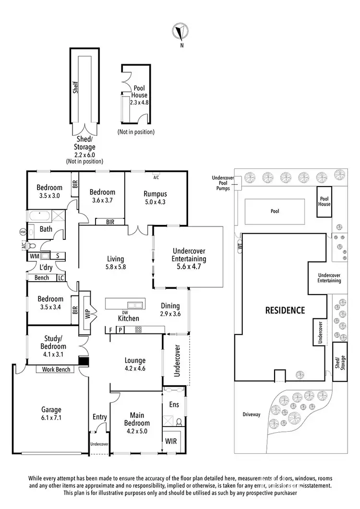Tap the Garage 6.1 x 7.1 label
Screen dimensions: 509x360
click(x=51, y=414)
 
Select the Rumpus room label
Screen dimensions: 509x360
click(x=155, y=198)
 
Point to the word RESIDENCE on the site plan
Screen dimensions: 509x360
click(x=285, y=310)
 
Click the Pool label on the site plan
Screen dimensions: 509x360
click(x=274, y=211)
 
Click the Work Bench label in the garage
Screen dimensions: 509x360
click(x=56, y=369)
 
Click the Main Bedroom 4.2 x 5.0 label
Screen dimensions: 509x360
click(x=136, y=419)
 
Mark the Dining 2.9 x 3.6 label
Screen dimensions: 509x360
click(x=170, y=309)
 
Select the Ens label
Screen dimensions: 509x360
click(x=174, y=405)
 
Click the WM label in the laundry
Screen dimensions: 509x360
click(x=34, y=257)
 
